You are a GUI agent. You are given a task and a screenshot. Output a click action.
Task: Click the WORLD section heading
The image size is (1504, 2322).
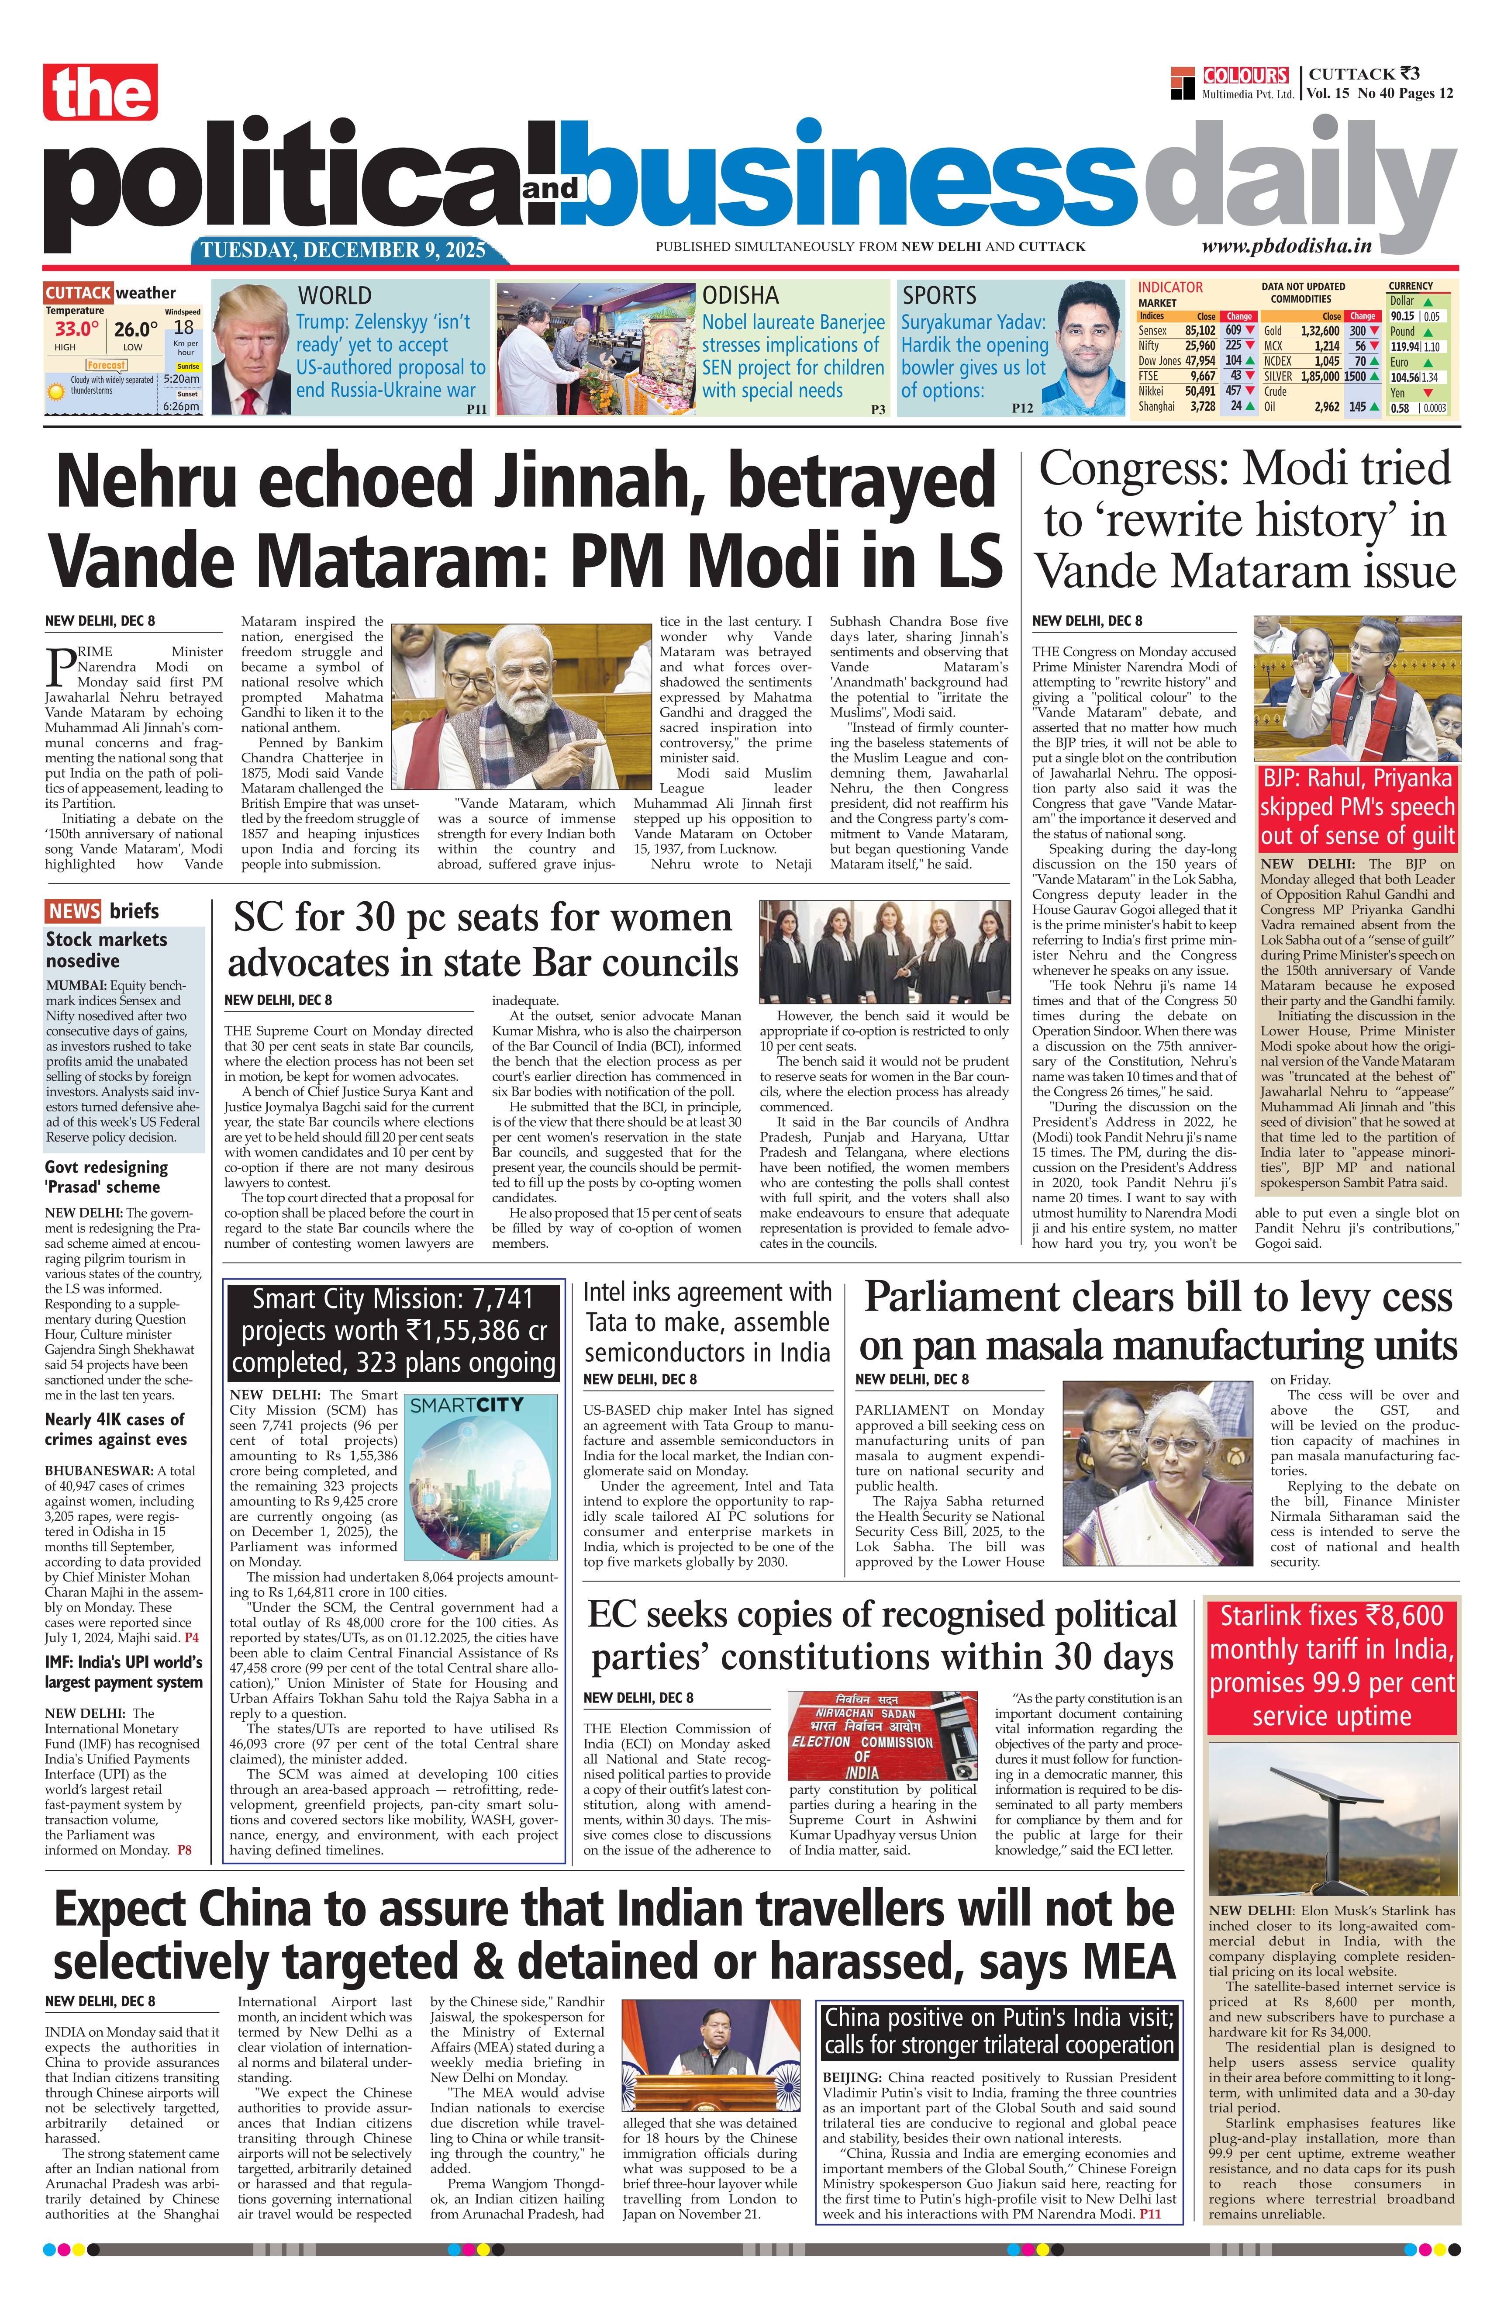(335, 296)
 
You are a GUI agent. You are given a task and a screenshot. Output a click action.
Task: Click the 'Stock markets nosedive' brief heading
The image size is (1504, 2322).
(106, 949)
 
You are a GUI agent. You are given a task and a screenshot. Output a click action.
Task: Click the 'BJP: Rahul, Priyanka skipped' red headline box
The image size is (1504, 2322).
(1357, 807)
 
